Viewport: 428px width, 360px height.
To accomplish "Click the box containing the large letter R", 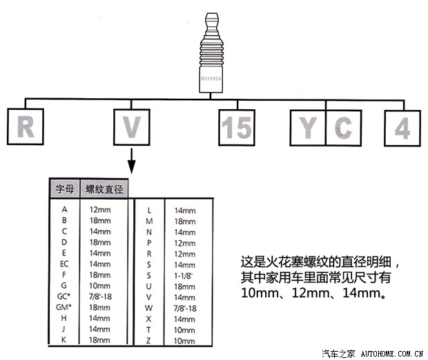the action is point(26,126).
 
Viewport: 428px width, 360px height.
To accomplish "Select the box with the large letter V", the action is point(132,127).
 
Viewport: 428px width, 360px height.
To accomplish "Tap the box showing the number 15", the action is point(237,128).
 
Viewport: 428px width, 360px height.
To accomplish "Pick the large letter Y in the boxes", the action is point(308,128).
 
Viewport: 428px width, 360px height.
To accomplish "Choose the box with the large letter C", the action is point(344,128).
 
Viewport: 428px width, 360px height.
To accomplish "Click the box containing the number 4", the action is point(402,128).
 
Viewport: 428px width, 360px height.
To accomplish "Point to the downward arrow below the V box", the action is point(132,161).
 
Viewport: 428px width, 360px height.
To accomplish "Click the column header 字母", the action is point(65,189).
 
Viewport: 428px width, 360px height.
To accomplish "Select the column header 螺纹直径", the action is point(104,189).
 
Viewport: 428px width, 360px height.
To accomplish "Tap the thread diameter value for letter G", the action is point(100,285).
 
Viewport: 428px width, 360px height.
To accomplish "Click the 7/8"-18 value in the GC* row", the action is point(100,296).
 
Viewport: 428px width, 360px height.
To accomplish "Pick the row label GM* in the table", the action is point(64,307).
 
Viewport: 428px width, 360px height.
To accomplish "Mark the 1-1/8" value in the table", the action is point(184,276).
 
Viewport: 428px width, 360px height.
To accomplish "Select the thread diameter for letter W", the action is point(185,308).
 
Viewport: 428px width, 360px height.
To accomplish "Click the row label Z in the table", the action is point(148,341).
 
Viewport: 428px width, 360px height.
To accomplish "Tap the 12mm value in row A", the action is point(100,210).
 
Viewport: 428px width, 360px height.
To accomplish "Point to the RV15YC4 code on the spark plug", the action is point(211,79).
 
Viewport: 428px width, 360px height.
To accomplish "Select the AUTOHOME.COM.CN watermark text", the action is point(392,354).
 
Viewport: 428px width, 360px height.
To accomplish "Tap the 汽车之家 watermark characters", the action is point(338,354).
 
